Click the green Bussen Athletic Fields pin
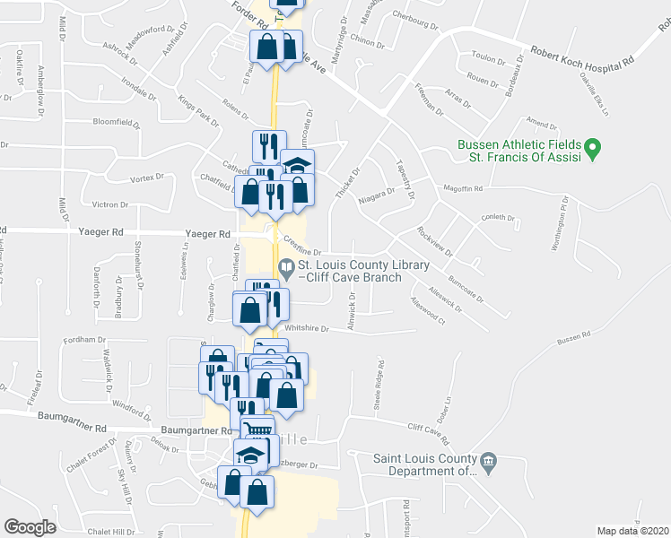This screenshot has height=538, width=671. pyautogui.click(x=591, y=146)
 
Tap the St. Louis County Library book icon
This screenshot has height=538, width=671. pyautogui.click(x=285, y=266)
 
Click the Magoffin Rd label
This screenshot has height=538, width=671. pyautogui.click(x=464, y=188)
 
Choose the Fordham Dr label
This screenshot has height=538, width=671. pyautogui.click(x=86, y=340)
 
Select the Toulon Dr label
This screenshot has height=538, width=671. pyautogui.click(x=489, y=57)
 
